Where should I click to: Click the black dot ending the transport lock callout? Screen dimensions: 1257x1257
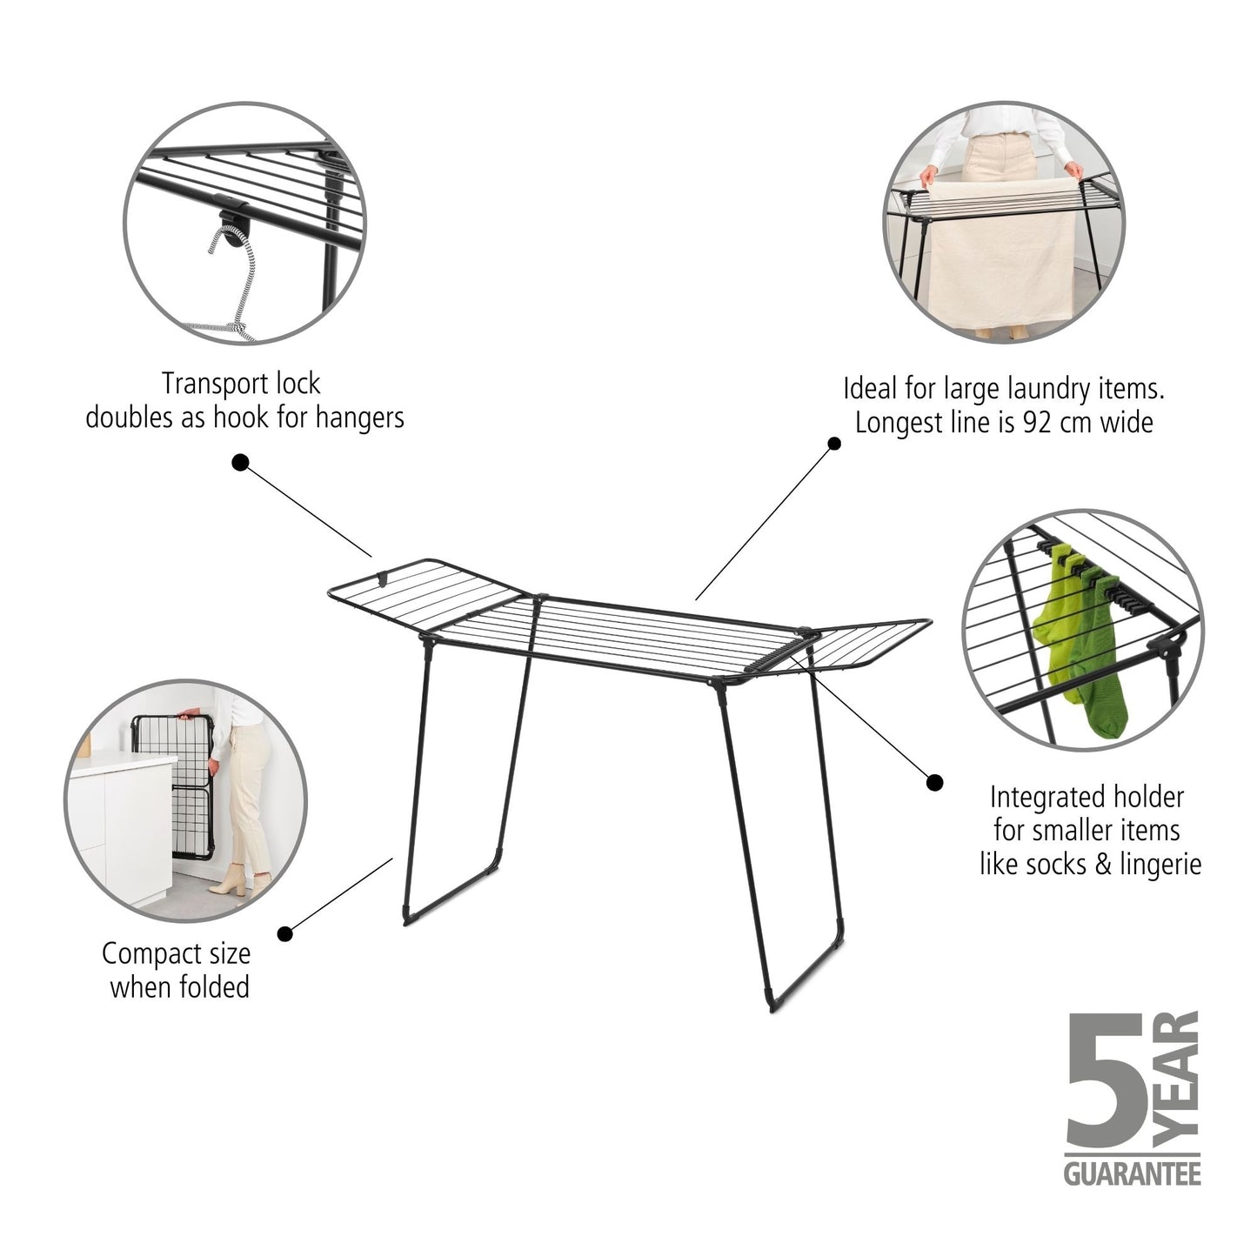[x=240, y=462]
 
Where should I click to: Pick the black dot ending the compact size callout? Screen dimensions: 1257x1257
[x=284, y=933]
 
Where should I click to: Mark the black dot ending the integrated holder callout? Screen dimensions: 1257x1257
[x=934, y=783]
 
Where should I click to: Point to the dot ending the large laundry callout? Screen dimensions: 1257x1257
[x=833, y=444]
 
